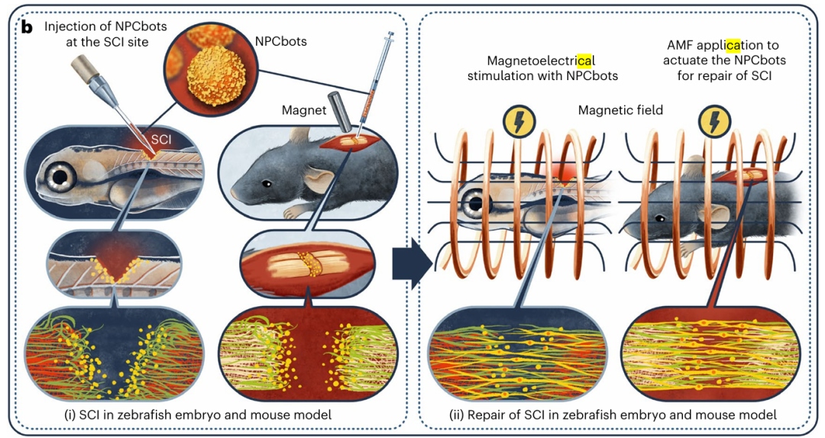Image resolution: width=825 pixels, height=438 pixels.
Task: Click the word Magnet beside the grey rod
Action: coord(304,111)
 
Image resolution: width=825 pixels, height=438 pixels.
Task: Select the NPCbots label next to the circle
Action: coord(280,41)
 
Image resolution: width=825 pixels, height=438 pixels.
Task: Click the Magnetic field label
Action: coord(620,110)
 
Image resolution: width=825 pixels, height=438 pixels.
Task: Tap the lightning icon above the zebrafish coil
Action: coord(519,121)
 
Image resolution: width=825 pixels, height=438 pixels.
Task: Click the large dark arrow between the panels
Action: coord(412,263)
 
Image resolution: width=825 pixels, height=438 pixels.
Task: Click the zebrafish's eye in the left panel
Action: coord(62,177)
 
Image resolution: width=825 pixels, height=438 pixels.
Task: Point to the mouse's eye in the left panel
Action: coord(268,183)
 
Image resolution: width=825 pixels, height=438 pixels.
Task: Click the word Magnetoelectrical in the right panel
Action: coord(542,60)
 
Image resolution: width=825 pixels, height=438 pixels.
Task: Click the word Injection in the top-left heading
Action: coord(68,27)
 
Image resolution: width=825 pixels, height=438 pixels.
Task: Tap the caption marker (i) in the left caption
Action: coord(70,415)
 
